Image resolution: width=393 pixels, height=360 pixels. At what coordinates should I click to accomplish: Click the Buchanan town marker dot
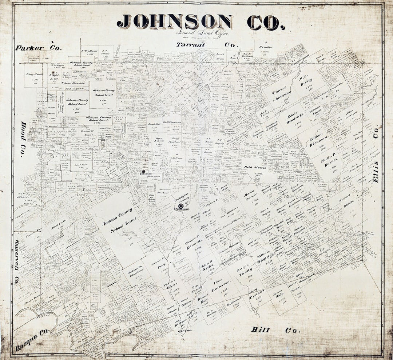143,171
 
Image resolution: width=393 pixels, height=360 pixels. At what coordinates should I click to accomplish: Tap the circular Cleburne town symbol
181,206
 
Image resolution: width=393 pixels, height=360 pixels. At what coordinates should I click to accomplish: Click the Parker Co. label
39,48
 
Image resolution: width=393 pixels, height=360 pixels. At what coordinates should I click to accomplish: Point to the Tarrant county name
191,45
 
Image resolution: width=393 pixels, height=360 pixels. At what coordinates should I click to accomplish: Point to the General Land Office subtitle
203,32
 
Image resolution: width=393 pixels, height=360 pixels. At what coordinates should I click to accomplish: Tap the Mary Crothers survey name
255,295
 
